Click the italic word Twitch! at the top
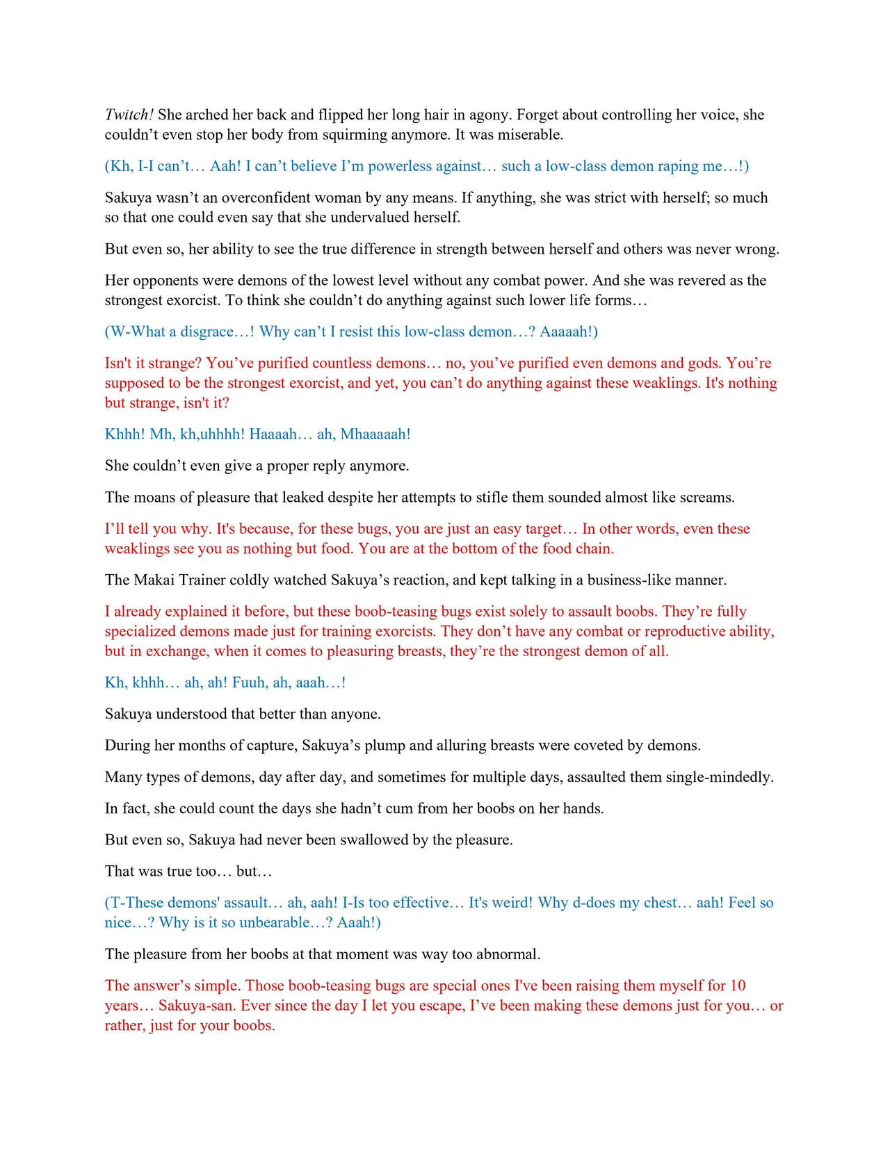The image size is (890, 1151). coord(129,115)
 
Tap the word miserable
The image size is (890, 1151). coord(527,134)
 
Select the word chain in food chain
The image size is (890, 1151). coord(597,548)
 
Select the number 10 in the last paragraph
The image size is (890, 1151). coord(738,986)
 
